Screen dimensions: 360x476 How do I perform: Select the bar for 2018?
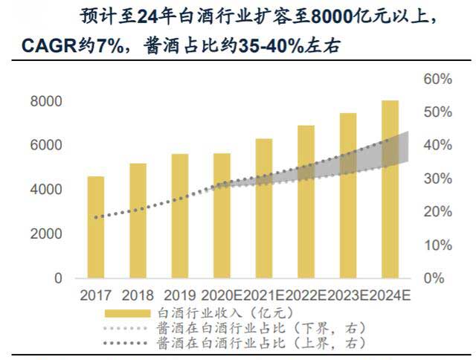138,220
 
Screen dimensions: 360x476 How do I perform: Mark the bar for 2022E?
306,202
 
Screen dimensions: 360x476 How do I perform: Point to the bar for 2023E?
348,196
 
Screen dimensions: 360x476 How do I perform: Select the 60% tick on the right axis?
438,79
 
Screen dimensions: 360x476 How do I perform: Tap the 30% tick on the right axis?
438,179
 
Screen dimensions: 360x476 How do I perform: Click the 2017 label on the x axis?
96,295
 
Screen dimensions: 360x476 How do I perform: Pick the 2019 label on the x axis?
180,295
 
